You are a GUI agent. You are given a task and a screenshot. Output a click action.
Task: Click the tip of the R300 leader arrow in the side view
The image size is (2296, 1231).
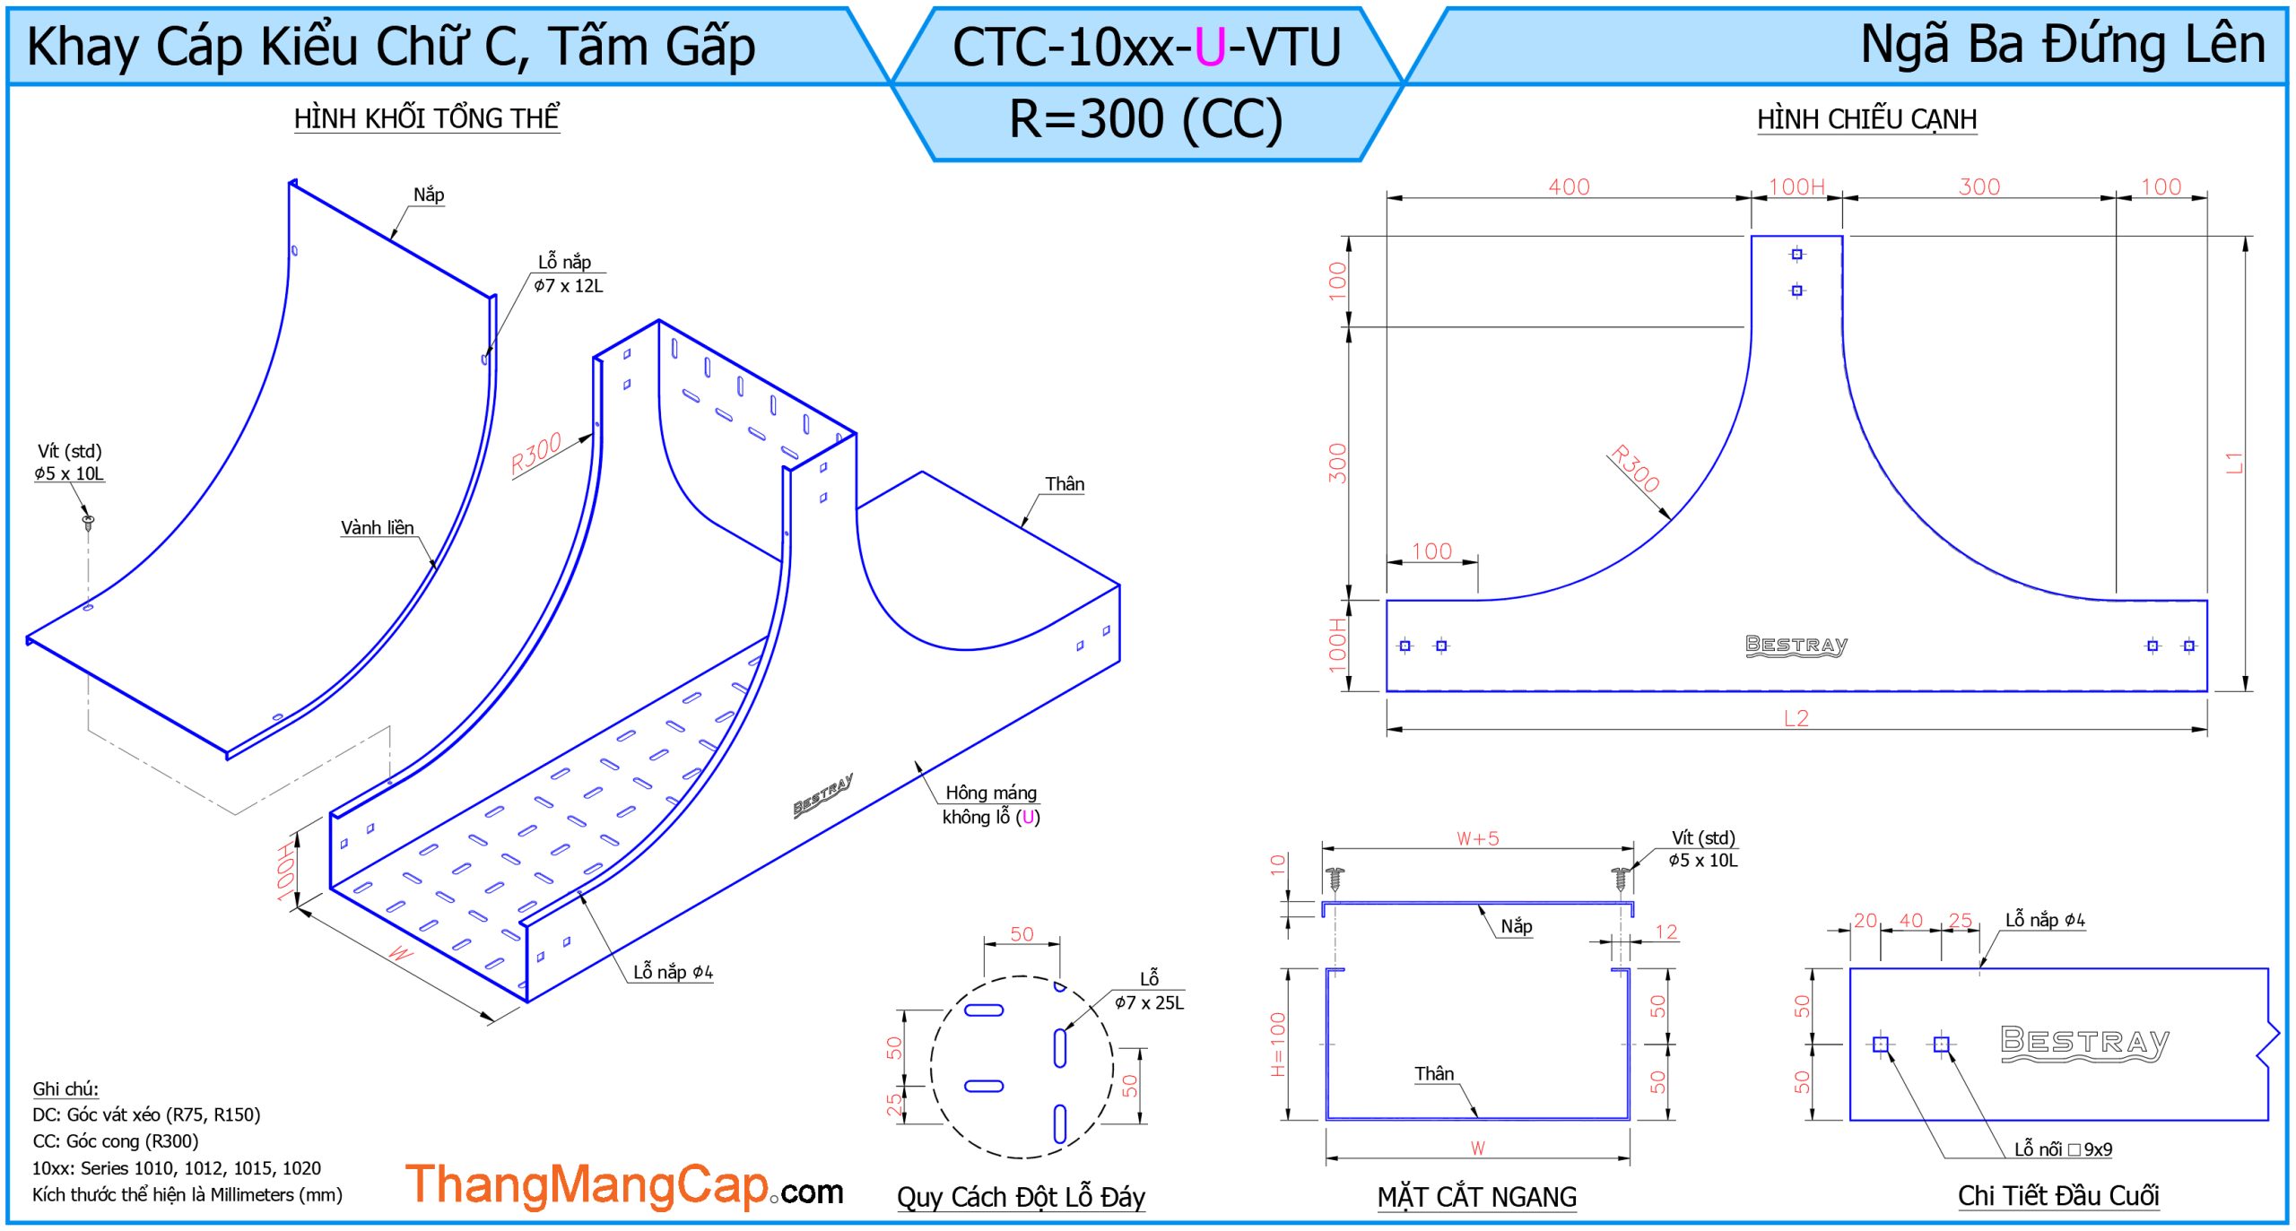tap(1671, 519)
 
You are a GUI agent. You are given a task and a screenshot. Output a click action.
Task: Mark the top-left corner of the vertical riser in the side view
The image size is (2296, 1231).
tap(1752, 236)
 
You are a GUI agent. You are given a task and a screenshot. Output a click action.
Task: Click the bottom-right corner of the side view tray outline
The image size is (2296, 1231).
tap(2207, 691)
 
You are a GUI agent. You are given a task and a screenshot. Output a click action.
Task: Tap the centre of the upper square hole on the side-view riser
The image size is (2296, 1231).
tap(1796, 255)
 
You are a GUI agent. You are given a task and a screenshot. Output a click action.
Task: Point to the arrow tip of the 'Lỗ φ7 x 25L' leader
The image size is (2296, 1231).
tap(1065, 1029)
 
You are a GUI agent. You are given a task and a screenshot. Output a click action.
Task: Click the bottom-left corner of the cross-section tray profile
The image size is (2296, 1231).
tap(1326, 1120)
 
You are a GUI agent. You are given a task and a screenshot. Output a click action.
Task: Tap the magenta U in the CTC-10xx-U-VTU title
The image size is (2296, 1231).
tap(1210, 48)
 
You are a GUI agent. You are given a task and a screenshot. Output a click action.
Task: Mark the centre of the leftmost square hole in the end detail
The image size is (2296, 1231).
tap(1881, 1045)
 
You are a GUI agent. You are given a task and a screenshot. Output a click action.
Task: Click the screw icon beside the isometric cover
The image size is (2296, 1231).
tap(88, 521)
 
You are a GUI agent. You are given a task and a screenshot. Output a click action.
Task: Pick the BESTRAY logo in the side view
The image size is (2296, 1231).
tap(1796, 646)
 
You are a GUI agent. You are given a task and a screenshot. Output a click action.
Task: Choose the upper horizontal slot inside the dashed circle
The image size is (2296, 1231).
tap(984, 1010)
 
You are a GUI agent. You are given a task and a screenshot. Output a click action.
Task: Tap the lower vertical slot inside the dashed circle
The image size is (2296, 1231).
tap(1060, 1124)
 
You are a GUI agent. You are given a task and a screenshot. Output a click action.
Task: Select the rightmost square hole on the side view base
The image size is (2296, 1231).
tap(2189, 646)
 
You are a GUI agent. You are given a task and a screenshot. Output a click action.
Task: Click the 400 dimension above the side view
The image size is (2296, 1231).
tap(1569, 186)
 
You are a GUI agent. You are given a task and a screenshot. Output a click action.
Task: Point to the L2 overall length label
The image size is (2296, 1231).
tap(1796, 718)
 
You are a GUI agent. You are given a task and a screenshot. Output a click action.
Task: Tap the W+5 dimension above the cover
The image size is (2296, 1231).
tap(1477, 838)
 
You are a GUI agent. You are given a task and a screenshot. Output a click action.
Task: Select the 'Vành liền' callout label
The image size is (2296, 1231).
tap(377, 528)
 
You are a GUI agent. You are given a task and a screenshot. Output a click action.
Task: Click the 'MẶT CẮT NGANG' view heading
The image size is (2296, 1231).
tap(1476, 1197)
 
